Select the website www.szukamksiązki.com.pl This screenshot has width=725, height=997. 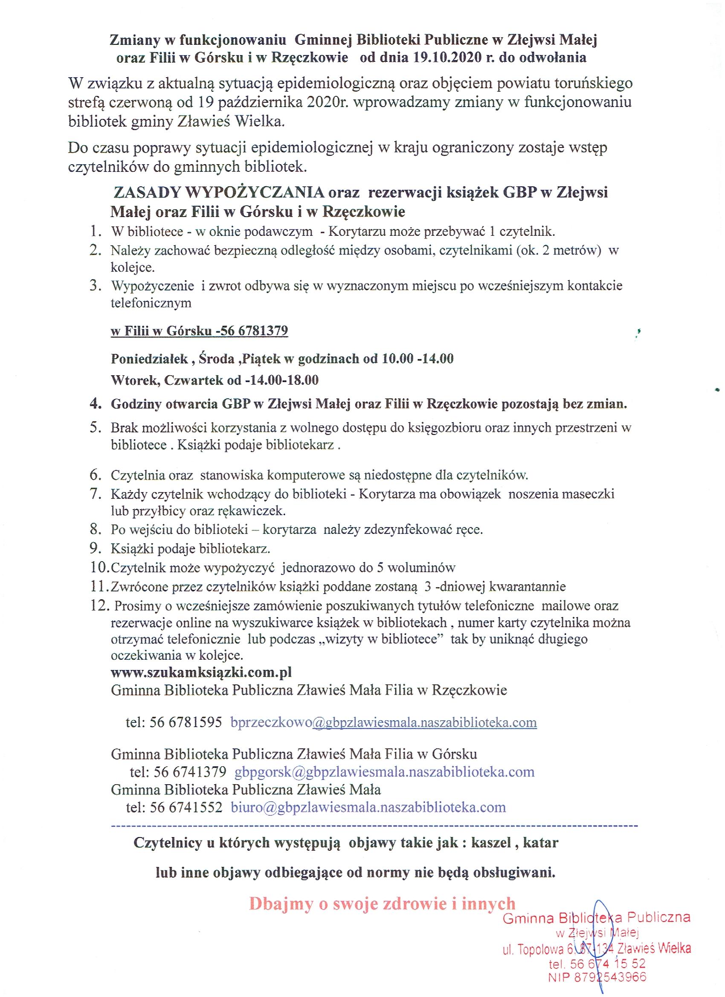[x=201, y=672]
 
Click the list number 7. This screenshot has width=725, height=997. [x=96, y=494]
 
